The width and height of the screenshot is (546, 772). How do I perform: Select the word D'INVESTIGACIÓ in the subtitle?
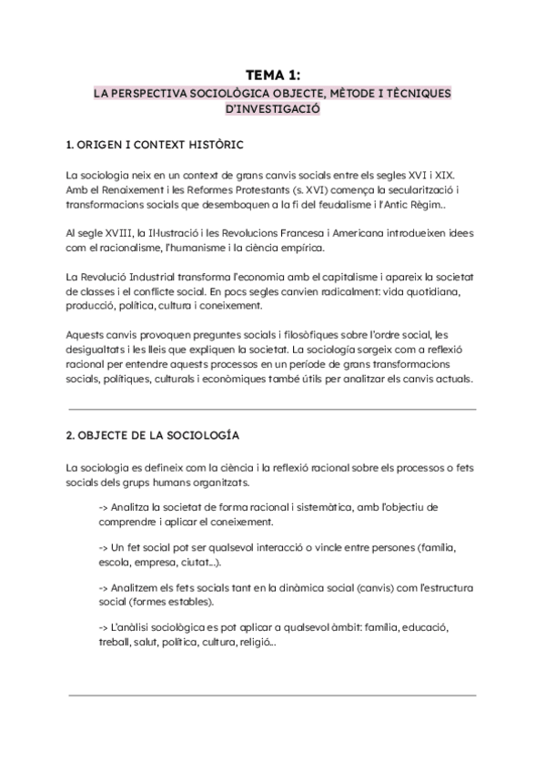pyautogui.click(x=272, y=109)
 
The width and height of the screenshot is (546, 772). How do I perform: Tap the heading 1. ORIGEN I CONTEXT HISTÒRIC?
pyautogui.click(x=155, y=145)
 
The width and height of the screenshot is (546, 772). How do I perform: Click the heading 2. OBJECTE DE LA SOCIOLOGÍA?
pyautogui.click(x=158, y=436)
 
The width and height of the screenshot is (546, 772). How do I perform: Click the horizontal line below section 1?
pyautogui.click(x=272, y=409)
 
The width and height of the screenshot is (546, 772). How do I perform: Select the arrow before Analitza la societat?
pyautogui.click(x=104, y=507)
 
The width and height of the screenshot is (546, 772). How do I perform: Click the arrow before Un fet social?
pyautogui.click(x=104, y=551)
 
